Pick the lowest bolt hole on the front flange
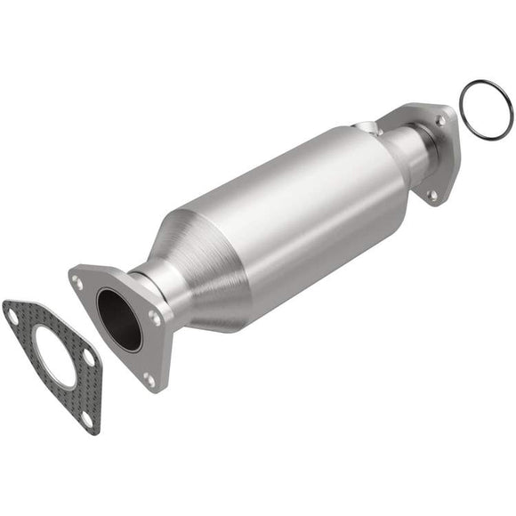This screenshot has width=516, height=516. point(149,379)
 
